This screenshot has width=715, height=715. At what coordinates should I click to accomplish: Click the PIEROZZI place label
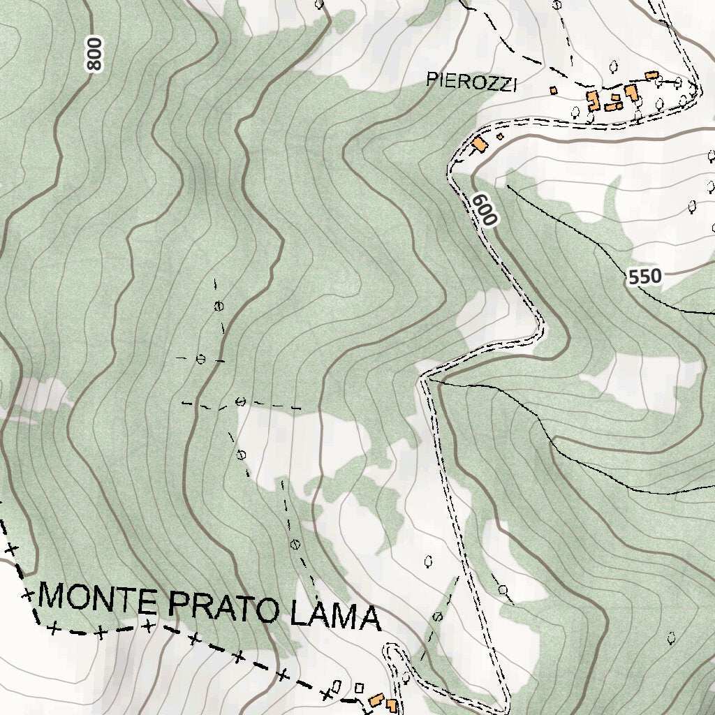pyautogui.click(x=472, y=82)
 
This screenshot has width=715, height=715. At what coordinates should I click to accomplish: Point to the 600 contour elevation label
pyautogui.click(x=484, y=209)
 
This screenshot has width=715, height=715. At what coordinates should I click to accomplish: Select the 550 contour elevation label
pyautogui.click(x=644, y=277)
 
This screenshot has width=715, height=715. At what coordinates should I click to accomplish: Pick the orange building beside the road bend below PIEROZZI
pyautogui.click(x=479, y=144)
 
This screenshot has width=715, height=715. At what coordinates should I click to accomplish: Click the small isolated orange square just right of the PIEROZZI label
pyautogui.click(x=554, y=90)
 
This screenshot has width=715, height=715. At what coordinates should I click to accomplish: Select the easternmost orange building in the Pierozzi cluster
pyautogui.click(x=651, y=75)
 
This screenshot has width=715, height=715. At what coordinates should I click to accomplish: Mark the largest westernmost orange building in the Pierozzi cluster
pyautogui.click(x=594, y=101)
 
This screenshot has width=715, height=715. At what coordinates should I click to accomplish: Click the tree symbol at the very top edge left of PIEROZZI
pyautogui.click(x=319, y=4)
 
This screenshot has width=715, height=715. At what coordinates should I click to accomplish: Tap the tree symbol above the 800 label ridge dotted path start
pyautogui.click(x=219, y=305)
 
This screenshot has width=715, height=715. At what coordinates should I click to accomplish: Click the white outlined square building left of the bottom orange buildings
pyautogui.click(x=360, y=688)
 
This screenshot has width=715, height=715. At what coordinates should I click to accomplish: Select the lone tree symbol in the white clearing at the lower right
pyautogui.click(x=671, y=637)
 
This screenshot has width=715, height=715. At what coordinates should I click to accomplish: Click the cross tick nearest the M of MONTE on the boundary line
pyautogui.click(x=27, y=596)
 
